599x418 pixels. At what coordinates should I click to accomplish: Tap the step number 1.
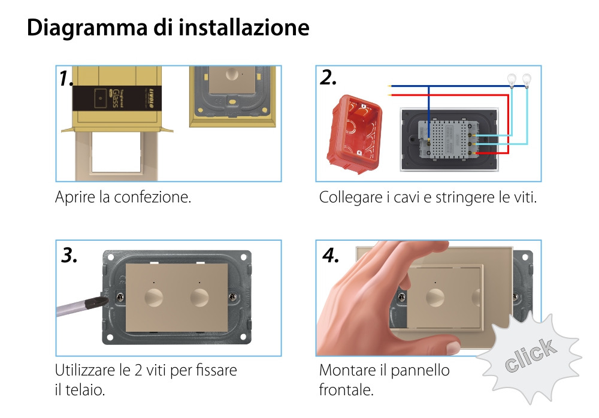click(66, 78)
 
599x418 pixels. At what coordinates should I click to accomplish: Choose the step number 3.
click(69, 255)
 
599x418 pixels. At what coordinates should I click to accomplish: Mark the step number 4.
click(331, 255)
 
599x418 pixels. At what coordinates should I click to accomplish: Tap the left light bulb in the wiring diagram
click(512, 78)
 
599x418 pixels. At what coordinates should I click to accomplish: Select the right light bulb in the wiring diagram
click(527, 78)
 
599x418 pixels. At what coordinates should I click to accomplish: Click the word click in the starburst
click(529, 355)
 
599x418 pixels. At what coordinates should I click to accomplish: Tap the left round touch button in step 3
click(154, 296)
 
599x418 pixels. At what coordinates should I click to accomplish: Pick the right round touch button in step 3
click(199, 296)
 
